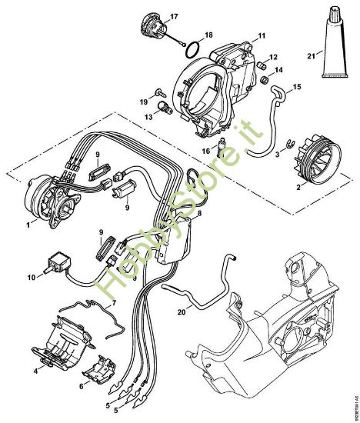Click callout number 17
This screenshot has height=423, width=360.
coord(174,15)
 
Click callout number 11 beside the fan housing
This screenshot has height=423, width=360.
coord(262,35)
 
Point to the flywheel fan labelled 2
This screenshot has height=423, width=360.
coord(314,162)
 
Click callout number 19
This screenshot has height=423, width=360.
coord(143,102)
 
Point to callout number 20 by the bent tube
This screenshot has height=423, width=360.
coord(180,312)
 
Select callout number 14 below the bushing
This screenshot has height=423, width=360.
coord(278,71)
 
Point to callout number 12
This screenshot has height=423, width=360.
coord(274,57)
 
